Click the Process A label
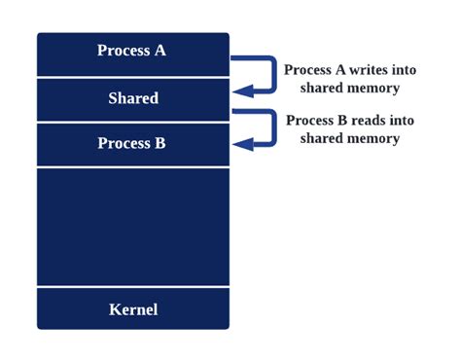131,51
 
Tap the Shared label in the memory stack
133,98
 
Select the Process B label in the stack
131,144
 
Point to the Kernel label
133,310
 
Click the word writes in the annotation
368,71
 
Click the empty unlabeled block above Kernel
133,226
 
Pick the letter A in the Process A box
160,51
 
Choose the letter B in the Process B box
160,144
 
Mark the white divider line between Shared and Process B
133,123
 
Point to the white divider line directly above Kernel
133,287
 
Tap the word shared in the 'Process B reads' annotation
322,139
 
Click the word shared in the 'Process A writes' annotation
322,89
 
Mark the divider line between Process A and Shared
133,77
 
